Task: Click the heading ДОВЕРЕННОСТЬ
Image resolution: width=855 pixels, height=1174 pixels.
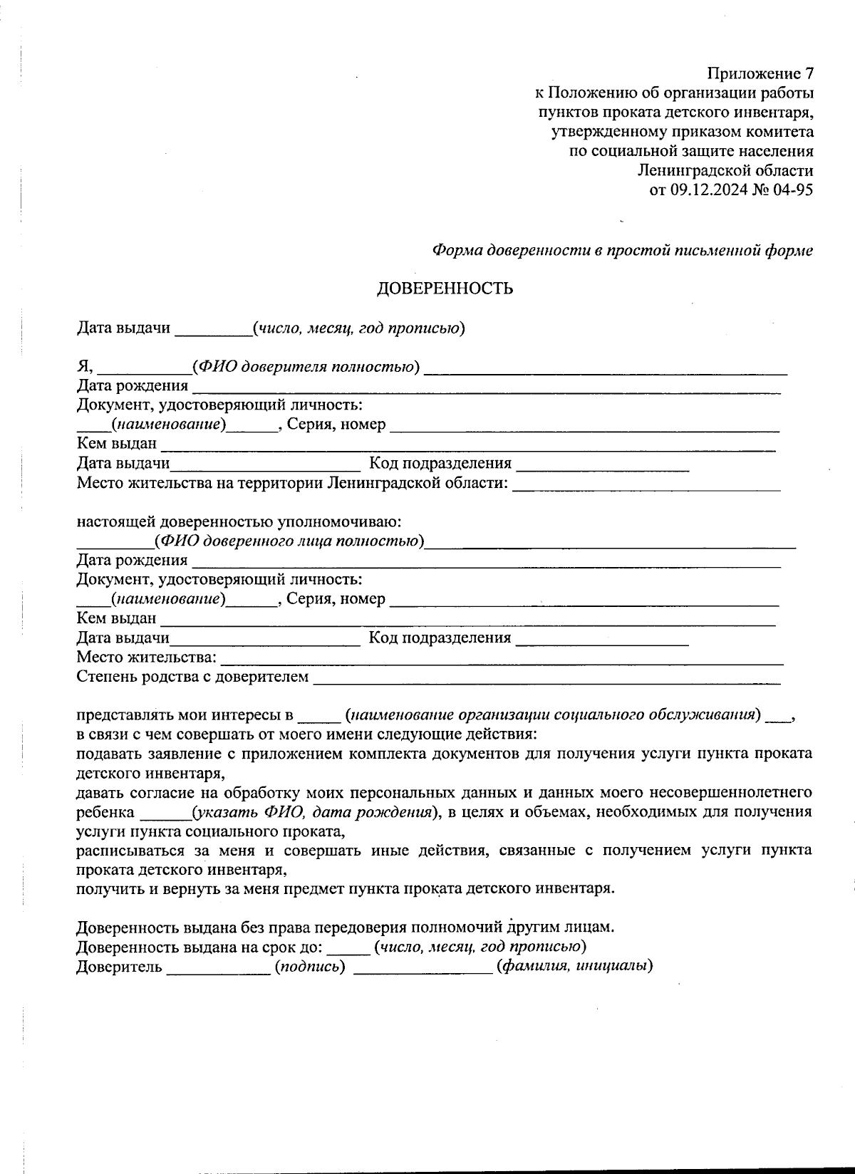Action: [445, 289]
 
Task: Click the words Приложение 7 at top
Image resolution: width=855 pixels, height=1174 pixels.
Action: [760, 73]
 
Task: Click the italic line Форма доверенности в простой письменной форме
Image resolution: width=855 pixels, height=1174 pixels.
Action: [623, 251]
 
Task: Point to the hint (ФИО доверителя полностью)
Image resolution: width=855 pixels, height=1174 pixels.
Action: [306, 367]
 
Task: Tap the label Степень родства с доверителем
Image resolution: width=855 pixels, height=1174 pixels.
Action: [192, 676]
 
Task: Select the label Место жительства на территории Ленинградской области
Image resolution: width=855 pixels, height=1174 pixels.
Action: [292, 484]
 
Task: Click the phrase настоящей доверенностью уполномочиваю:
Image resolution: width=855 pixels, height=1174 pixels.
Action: [239, 522]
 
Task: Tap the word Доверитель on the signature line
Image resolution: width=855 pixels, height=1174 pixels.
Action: [119, 967]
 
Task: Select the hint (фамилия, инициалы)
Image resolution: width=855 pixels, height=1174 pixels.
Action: [574, 967]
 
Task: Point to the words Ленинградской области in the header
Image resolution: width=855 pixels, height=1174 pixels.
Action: [725, 170]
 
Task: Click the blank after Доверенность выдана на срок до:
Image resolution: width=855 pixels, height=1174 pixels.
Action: [349, 948]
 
